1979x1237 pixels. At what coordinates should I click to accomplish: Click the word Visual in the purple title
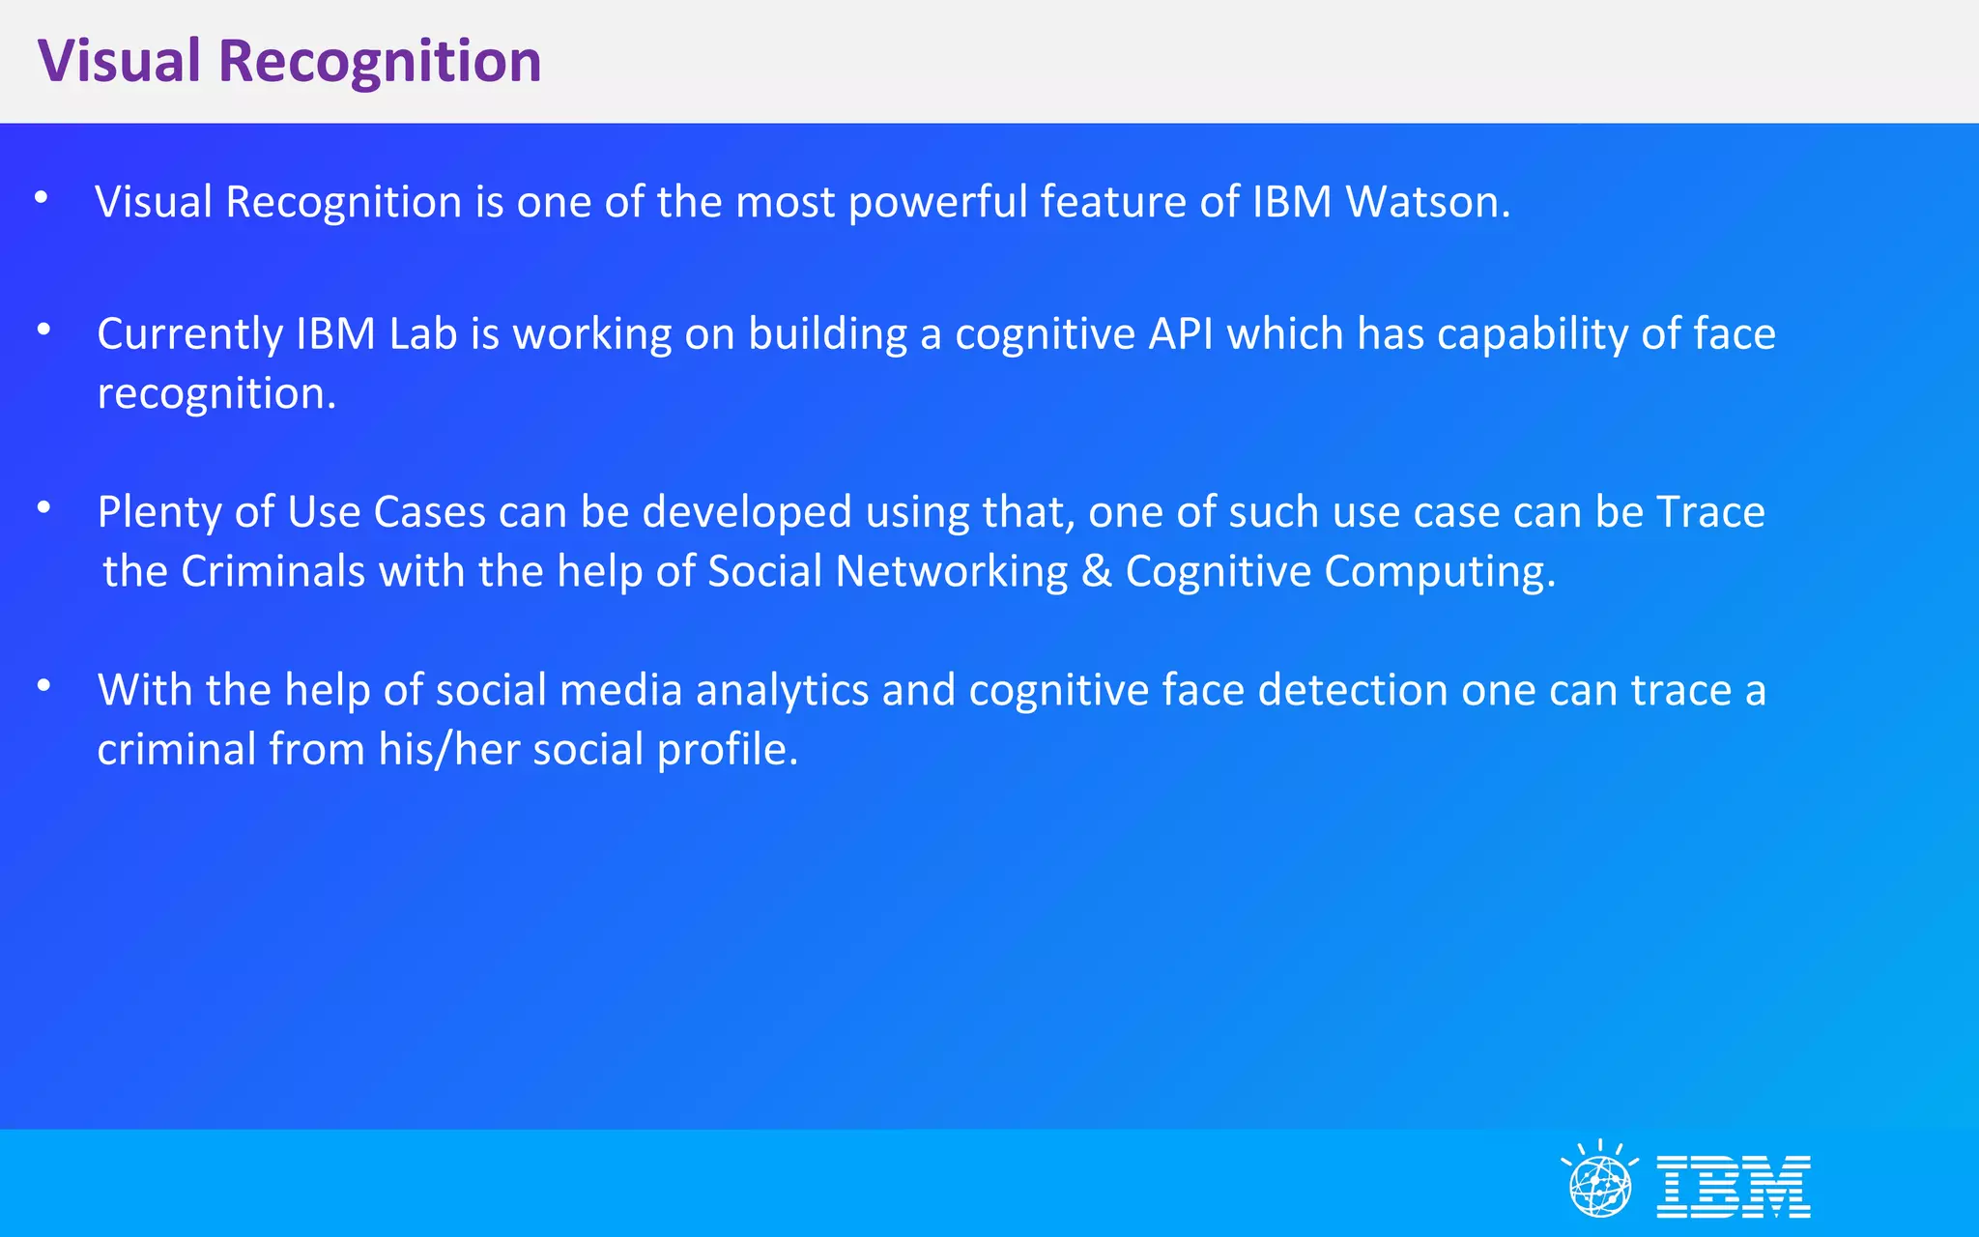click(x=118, y=61)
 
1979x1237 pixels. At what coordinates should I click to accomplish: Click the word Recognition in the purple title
click(x=380, y=61)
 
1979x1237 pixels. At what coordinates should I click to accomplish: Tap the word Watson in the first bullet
click(x=1428, y=202)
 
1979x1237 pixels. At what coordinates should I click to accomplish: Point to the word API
click(x=1181, y=334)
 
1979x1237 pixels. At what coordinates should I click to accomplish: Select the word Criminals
click(x=273, y=571)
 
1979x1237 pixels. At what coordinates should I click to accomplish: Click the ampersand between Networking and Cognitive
click(x=1097, y=571)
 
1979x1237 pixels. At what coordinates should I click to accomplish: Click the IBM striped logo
click(x=1734, y=1186)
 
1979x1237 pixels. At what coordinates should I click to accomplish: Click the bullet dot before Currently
click(x=43, y=330)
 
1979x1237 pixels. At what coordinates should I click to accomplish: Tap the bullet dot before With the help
click(x=43, y=686)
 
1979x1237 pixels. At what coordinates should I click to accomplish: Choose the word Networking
click(x=951, y=572)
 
